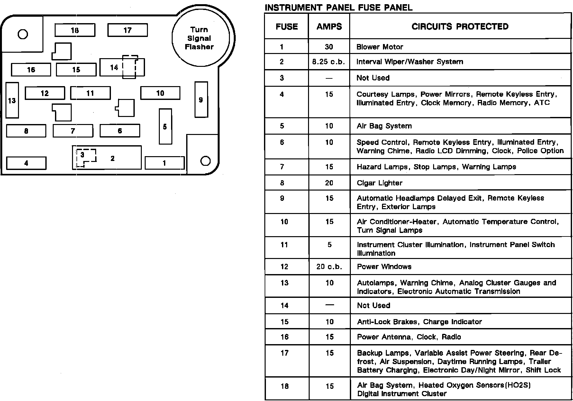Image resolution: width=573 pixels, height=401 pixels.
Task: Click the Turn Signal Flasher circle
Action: [200, 38]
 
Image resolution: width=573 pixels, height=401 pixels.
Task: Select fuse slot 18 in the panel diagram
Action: [75, 30]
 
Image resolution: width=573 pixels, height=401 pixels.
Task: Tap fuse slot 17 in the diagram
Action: [128, 30]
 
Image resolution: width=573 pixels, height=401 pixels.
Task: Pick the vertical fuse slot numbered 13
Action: [12, 101]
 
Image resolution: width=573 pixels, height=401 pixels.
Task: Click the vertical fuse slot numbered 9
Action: [201, 100]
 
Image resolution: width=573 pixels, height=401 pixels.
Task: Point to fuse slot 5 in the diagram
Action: [165, 127]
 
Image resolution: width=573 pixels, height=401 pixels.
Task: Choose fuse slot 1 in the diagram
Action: [165, 163]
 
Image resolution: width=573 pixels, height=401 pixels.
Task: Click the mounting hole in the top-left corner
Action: [23, 34]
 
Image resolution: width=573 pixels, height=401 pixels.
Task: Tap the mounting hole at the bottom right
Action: [205, 161]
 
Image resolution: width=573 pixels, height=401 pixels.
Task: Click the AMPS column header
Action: [329, 27]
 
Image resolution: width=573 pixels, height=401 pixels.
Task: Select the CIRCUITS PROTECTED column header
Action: [460, 27]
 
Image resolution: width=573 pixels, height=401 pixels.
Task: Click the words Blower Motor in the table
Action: [379, 47]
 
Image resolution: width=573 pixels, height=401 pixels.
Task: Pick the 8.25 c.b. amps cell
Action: [329, 62]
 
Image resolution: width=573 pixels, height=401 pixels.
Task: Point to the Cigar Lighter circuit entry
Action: [379, 183]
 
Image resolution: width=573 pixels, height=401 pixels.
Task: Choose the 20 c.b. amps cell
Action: [329, 267]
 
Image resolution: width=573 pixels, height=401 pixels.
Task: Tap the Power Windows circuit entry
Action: [384, 267]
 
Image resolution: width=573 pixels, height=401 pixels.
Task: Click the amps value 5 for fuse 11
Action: [329, 245]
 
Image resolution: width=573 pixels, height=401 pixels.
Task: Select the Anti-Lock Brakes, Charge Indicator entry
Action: [419, 322]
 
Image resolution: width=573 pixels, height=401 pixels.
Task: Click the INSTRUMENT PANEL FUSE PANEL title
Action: [338, 7]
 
